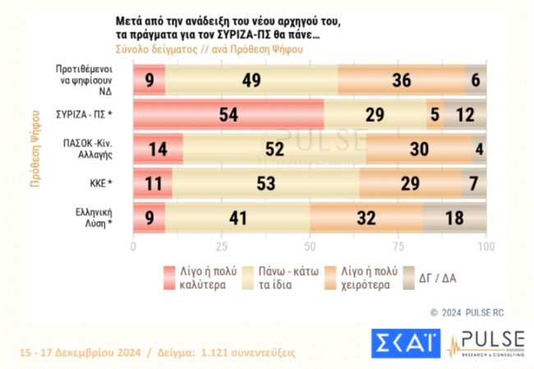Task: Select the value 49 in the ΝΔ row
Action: (x=251, y=80)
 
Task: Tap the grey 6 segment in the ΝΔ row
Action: (x=476, y=80)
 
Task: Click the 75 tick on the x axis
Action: (x=398, y=246)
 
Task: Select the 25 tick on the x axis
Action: (x=221, y=246)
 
